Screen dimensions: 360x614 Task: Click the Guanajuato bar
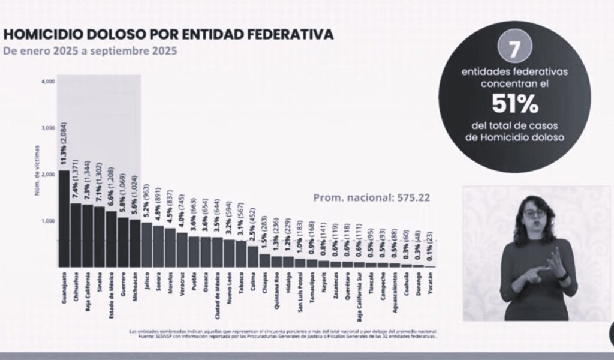point(64,218)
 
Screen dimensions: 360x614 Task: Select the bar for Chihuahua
point(76,235)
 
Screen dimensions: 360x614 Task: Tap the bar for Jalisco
point(147,245)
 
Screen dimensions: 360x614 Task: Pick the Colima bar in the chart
point(253,256)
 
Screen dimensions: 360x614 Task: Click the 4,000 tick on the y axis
point(48,81)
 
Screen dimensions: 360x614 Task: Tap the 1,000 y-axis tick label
point(48,221)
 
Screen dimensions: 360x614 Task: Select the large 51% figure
point(514,104)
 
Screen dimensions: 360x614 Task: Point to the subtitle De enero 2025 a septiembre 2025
point(90,51)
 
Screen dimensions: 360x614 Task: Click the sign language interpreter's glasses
point(534,212)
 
